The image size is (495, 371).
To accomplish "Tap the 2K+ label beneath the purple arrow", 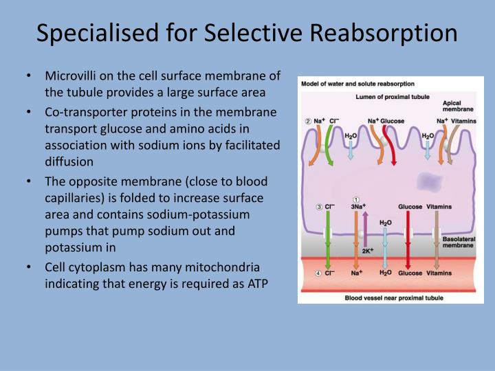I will (366, 251).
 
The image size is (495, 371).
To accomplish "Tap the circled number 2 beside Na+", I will (308, 121).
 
